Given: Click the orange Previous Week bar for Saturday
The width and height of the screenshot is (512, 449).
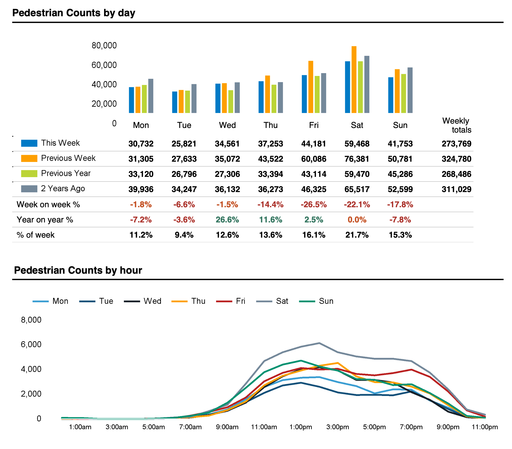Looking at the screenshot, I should click(x=354, y=80).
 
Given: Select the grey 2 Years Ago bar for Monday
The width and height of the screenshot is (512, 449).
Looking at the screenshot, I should click(x=151, y=96).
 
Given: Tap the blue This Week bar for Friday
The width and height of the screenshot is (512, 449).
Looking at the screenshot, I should click(x=304, y=94).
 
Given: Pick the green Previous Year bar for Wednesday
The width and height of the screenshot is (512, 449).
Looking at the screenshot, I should click(x=231, y=101).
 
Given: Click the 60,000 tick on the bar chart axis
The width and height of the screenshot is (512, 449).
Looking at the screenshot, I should click(x=104, y=65).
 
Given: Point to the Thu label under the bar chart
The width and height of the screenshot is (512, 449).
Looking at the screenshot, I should click(x=270, y=125).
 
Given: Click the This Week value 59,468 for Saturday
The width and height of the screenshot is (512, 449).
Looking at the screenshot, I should click(x=357, y=144).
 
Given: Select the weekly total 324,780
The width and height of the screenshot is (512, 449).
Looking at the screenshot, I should click(x=456, y=159).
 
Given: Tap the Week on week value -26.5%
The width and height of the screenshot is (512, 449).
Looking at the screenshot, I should click(x=313, y=205).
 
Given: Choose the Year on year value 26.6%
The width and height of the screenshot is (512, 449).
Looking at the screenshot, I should click(x=227, y=220).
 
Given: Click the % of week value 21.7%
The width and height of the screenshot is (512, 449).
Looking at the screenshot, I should click(x=357, y=235).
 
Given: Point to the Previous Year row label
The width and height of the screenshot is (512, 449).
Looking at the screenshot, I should click(x=66, y=173).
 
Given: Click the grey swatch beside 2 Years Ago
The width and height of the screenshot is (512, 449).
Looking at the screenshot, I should click(x=29, y=189).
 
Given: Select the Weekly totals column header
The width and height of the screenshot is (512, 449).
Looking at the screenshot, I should click(x=456, y=125).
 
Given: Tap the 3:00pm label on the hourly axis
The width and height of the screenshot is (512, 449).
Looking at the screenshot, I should click(x=337, y=427).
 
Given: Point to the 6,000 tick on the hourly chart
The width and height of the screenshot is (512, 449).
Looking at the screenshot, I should click(x=31, y=344).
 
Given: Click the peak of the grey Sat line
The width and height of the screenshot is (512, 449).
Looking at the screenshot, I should click(x=319, y=343).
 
